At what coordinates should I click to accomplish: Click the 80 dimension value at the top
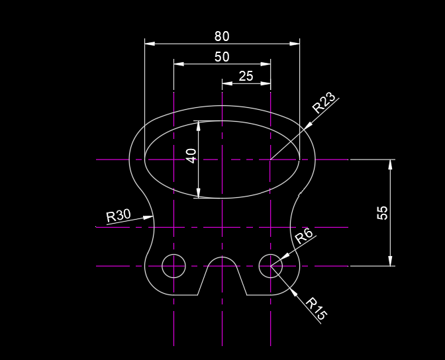pos(222,36)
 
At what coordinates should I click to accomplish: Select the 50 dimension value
pos(222,57)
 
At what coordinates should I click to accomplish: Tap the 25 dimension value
pos(246,76)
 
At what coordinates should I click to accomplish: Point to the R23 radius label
pos(324,103)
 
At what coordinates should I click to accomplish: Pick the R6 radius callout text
pos(304,236)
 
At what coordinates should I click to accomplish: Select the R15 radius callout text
pos(316,310)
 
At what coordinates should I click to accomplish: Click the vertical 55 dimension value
pos(382,212)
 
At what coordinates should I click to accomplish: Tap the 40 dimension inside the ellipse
pos(191,156)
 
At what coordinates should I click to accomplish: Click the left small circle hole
pos(173,266)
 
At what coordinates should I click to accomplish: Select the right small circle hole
pos(271,266)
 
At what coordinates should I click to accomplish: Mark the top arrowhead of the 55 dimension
pos(391,164)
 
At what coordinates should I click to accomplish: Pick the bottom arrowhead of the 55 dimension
pos(391,261)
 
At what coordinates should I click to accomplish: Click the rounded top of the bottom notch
pos(222,257)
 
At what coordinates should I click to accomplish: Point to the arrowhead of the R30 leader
pos(150,216)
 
